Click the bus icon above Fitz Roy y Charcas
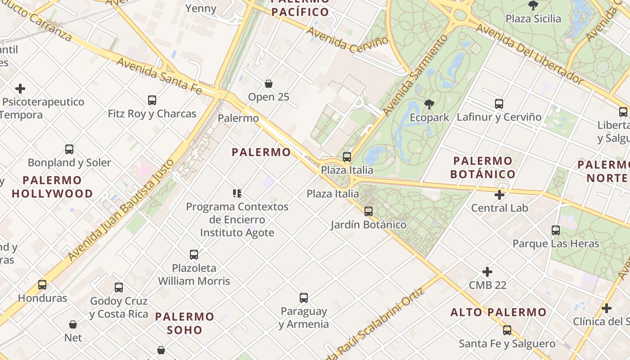click(152, 100)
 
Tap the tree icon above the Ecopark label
click(429, 104)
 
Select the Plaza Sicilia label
click(533, 18)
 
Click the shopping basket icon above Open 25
click(269, 84)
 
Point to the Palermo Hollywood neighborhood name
click(52, 187)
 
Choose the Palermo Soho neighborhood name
click(184, 323)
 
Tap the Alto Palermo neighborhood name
click(499, 312)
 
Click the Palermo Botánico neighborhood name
click(482, 167)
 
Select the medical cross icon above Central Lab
click(499, 195)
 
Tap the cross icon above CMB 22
click(487, 272)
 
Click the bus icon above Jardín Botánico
click(369, 211)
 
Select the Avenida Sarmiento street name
click(416, 75)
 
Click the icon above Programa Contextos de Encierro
click(237, 193)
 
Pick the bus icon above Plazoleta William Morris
click(194, 255)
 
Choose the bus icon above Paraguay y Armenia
click(304, 298)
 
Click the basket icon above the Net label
click(73, 324)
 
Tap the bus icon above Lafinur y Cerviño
click(499, 104)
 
